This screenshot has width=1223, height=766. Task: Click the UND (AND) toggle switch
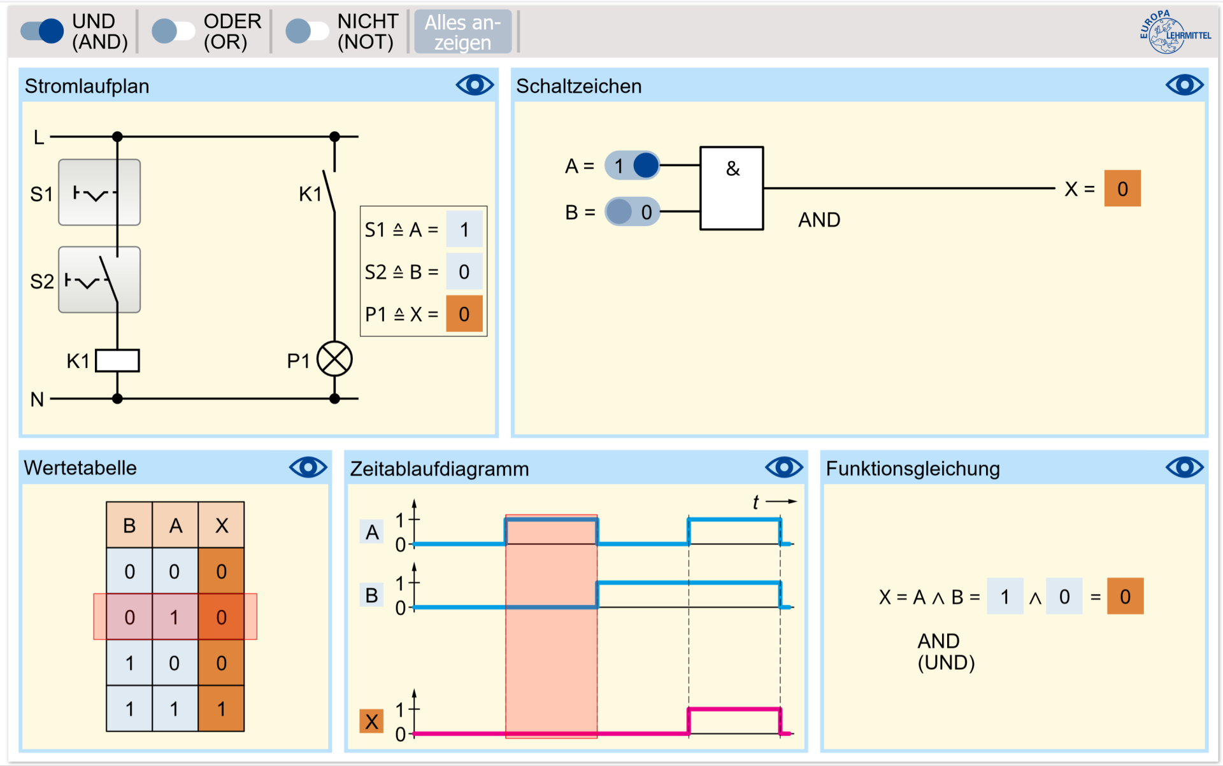pos(42,31)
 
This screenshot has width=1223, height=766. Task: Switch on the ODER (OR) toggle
pos(173,31)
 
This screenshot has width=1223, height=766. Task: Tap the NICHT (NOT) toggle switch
pos(306,31)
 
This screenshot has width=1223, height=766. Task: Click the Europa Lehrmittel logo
pos(1173,32)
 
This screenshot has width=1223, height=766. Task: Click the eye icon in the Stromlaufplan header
pos(475,85)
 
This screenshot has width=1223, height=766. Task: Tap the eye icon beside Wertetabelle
pos(308,468)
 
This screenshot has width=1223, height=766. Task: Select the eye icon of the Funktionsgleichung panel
pos(1184,468)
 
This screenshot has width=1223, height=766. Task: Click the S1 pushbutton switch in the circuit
pos(99,192)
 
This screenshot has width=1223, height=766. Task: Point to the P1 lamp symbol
pos(334,359)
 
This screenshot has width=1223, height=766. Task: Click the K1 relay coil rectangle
pos(117,360)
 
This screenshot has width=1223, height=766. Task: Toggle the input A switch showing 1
pos(632,166)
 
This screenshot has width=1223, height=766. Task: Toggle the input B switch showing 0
pos(632,211)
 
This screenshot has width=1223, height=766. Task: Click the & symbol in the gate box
pos(733,169)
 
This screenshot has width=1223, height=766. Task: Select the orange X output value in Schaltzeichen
pos(1122,188)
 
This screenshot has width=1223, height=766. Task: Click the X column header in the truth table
pos(221,525)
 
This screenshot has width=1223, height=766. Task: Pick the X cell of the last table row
pos(221,709)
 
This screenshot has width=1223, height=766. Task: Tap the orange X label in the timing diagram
pos(371,721)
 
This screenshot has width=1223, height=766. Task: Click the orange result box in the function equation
pos(1125,597)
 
